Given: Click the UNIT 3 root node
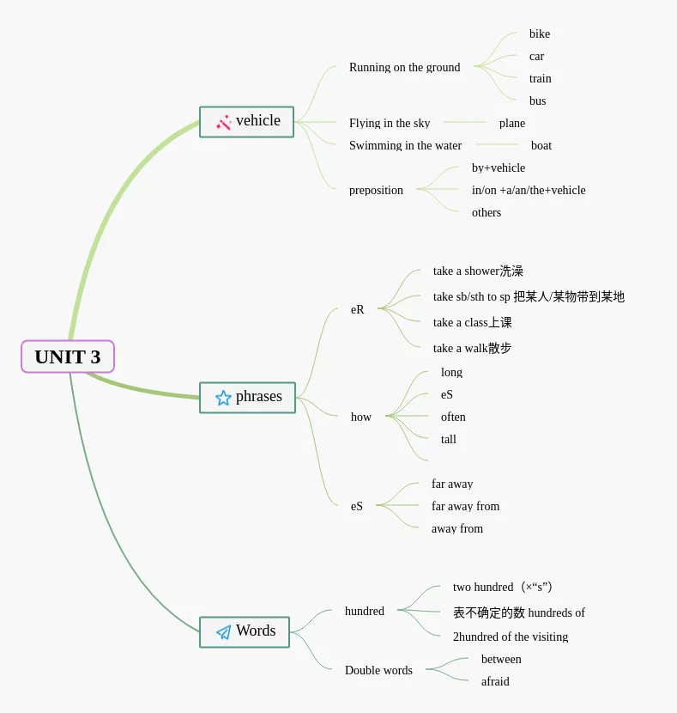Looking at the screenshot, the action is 68,356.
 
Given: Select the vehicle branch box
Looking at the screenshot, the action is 246,121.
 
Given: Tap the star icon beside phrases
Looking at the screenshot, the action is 223,398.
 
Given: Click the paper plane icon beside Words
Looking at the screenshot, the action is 223,632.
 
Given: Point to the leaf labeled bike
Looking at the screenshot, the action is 539,34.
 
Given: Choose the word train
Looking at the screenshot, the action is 540,79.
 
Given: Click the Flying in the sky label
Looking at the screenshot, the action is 390,123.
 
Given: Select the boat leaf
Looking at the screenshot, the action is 541,145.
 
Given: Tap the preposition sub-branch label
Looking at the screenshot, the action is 376,190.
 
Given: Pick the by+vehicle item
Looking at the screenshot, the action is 498,168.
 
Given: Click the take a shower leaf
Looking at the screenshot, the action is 478,271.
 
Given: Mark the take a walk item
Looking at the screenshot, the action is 472,348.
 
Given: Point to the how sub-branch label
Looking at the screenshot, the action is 360,417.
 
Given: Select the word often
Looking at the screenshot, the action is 453,417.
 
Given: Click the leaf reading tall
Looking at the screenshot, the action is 448,439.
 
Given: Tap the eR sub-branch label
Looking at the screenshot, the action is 357,309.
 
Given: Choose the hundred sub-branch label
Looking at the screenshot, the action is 364,611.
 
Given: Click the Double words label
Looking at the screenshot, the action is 378,670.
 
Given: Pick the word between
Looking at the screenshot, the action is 501,659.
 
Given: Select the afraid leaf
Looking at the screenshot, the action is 495,681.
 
